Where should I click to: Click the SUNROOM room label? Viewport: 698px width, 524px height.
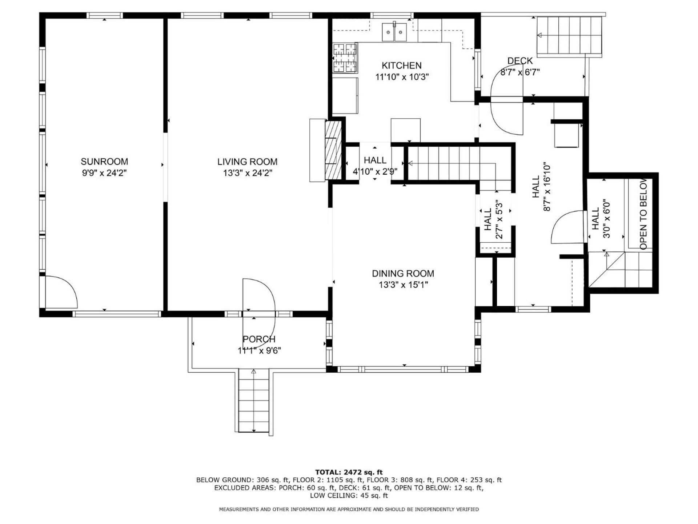pyautogui.click(x=104, y=162)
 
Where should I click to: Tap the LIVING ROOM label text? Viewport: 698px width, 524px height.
pyautogui.click(x=247, y=162)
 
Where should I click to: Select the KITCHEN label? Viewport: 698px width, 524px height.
pyautogui.click(x=402, y=65)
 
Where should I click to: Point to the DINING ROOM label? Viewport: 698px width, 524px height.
pyautogui.click(x=403, y=273)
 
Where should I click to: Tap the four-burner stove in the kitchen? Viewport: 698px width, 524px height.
pyautogui.click(x=345, y=57)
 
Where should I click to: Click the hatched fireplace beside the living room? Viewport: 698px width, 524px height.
pyautogui.click(x=333, y=150)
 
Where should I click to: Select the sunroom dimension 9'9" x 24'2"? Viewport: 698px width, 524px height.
pyautogui.click(x=104, y=173)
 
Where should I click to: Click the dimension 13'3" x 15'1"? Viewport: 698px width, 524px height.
pyautogui.click(x=403, y=285)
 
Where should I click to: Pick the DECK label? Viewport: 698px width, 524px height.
pyautogui.click(x=520, y=61)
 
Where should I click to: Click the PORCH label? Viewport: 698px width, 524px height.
pyautogui.click(x=259, y=339)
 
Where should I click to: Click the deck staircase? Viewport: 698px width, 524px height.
pyautogui.click(x=569, y=36)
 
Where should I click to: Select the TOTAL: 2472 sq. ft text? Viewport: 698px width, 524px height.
pyautogui.click(x=349, y=472)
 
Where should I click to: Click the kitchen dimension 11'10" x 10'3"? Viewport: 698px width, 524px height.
pyautogui.click(x=402, y=77)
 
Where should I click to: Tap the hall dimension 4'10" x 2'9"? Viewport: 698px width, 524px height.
pyautogui.click(x=375, y=171)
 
